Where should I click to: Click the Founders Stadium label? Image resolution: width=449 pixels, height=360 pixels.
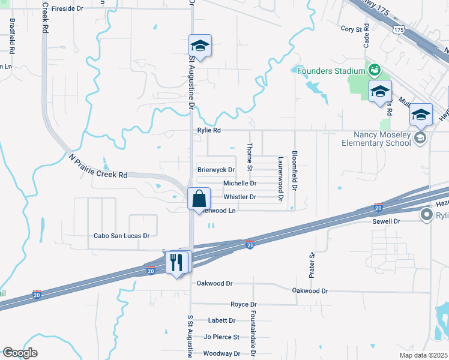[x=331, y=71]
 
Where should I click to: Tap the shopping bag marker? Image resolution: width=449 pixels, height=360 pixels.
[x=199, y=199]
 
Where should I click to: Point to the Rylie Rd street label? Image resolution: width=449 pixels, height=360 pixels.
[x=209, y=130]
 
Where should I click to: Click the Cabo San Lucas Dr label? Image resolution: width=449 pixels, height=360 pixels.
[x=121, y=236]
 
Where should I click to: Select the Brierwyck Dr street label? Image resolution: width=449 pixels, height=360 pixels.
[x=216, y=170]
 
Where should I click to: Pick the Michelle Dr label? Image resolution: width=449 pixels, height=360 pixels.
[x=240, y=184]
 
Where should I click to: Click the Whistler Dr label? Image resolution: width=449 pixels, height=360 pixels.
[x=240, y=197]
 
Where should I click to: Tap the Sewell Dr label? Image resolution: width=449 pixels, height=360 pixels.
[x=387, y=221]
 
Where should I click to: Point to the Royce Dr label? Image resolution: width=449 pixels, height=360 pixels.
[x=243, y=304]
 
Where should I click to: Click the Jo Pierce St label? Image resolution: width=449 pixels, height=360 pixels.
[x=221, y=337]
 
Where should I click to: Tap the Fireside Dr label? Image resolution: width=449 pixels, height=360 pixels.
[x=67, y=9]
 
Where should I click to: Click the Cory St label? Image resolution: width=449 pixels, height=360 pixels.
[x=354, y=29]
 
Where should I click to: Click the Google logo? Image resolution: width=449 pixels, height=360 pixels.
[x=20, y=353]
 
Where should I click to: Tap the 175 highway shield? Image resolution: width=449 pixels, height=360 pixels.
[x=399, y=29]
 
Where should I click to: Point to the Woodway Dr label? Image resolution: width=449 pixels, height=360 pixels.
[x=221, y=353]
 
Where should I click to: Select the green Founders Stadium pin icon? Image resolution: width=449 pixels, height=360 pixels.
[x=374, y=70]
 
